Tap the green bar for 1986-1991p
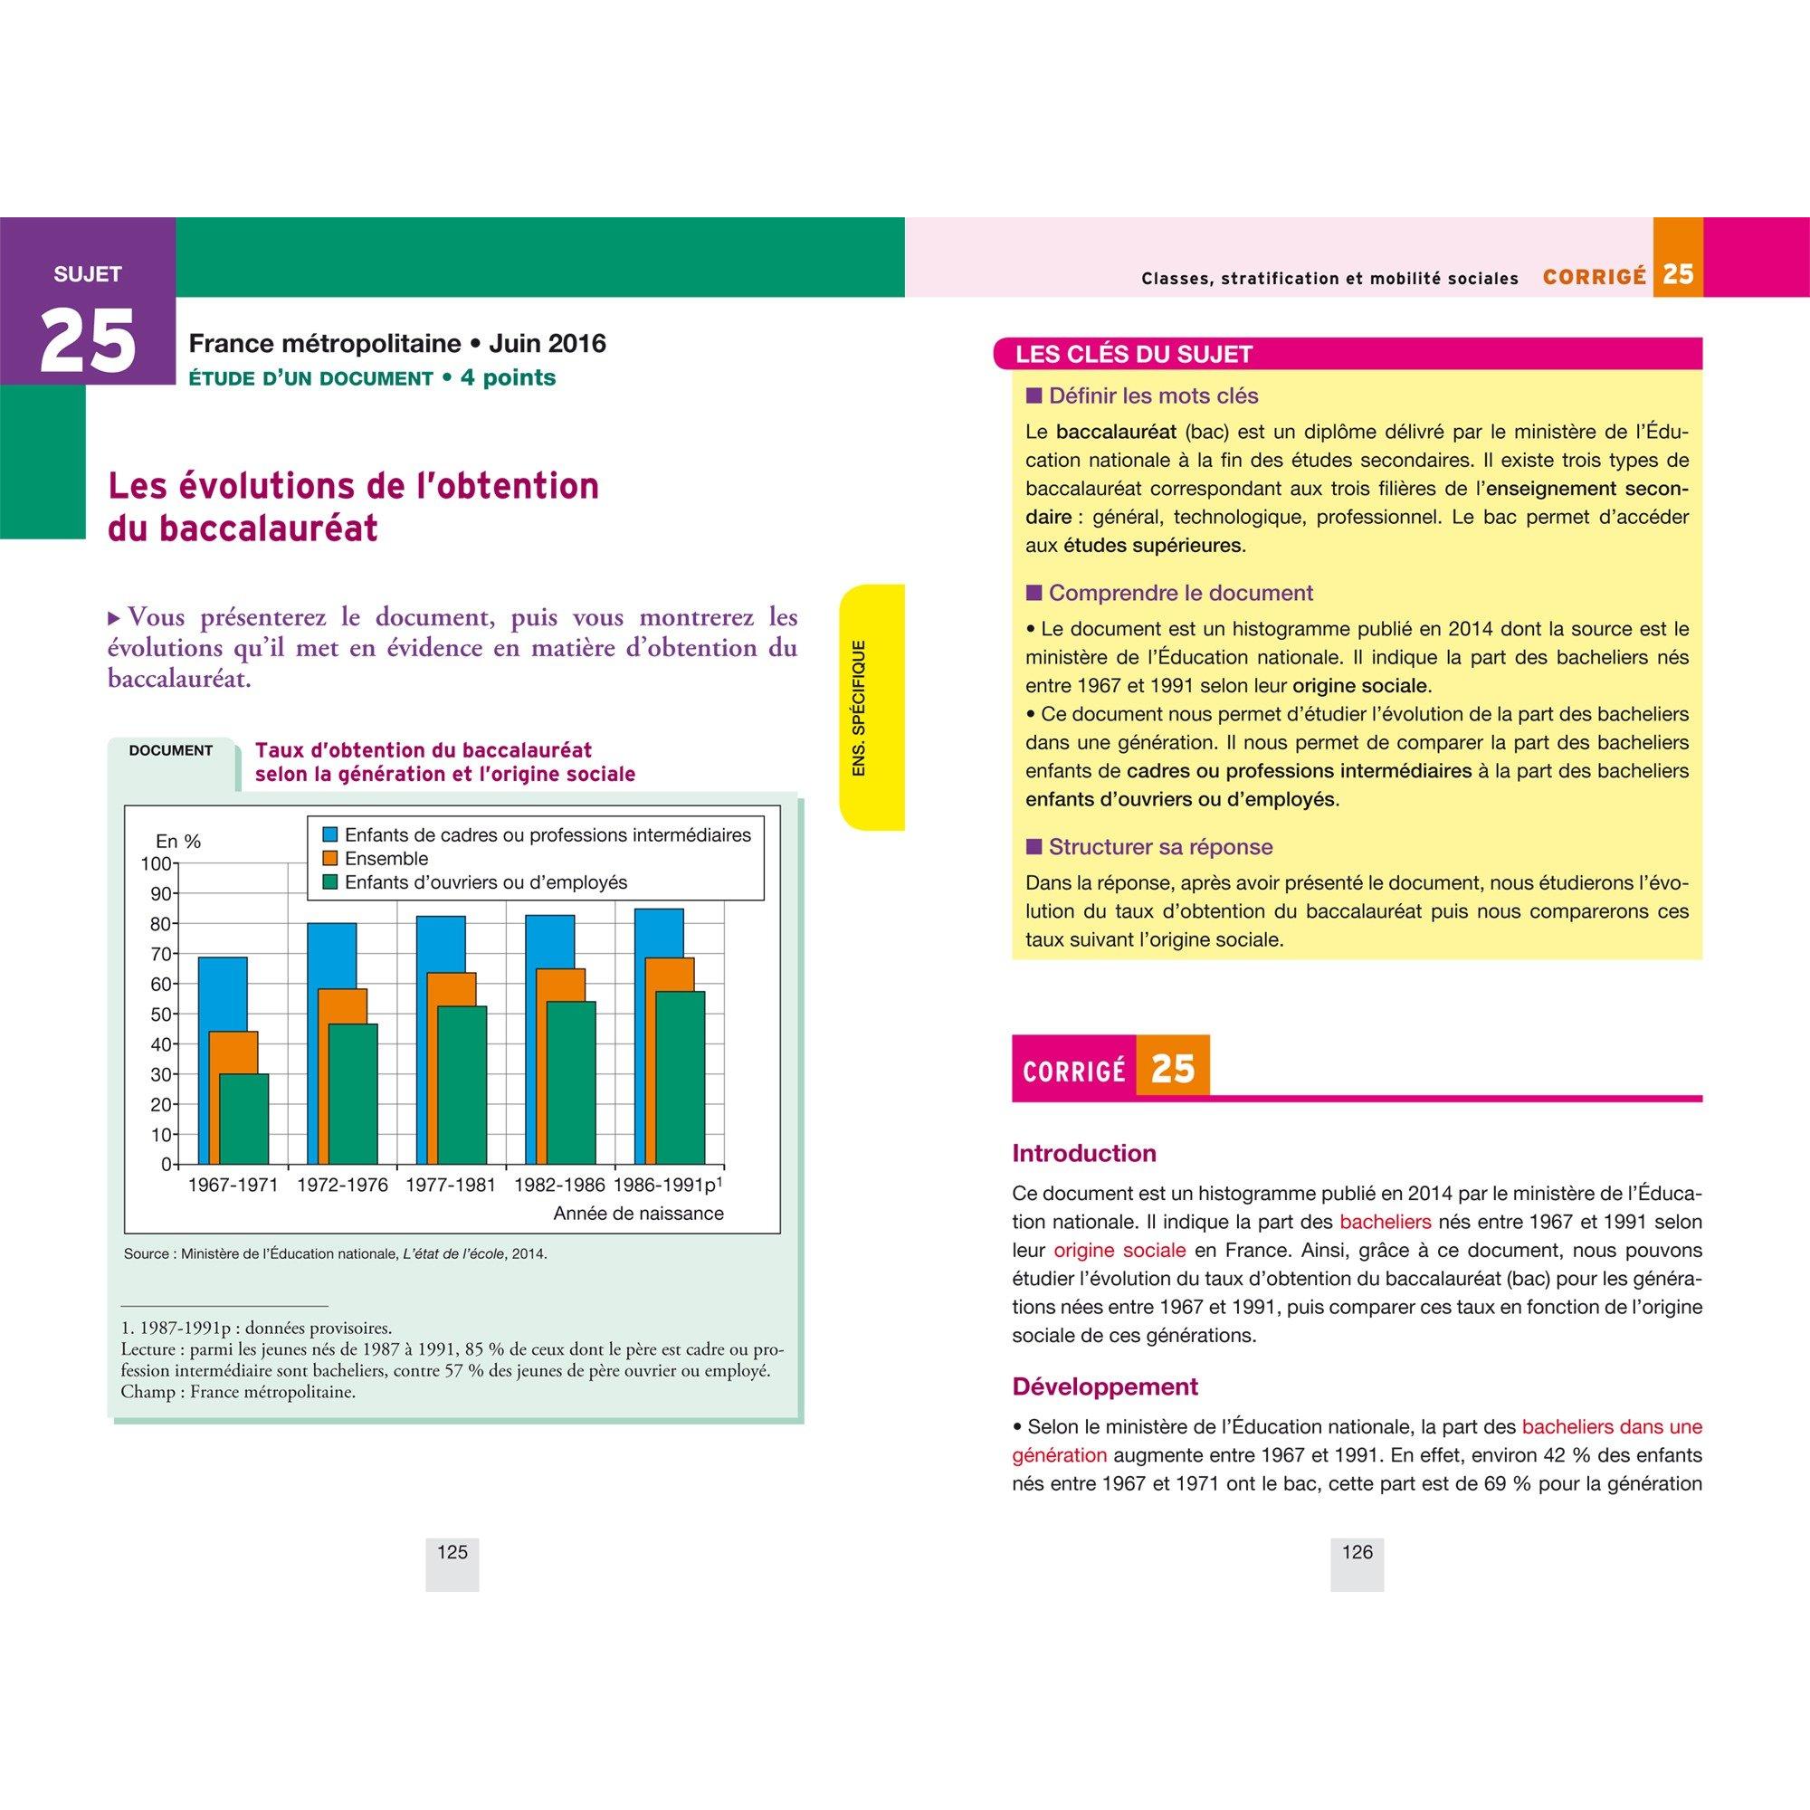[x=681, y=1077]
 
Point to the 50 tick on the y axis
[x=161, y=1015]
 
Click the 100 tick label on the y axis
[x=156, y=863]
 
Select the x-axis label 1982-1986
[x=559, y=1186]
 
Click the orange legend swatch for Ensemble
[x=329, y=858]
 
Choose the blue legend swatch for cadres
[x=329, y=834]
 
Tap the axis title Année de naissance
[x=638, y=1214]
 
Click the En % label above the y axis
[x=178, y=842]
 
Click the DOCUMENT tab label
[x=170, y=750]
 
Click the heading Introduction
[x=1084, y=1153]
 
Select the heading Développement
[x=1104, y=1386]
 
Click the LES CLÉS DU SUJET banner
[x=1134, y=354]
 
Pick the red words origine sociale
[x=1119, y=1250]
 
